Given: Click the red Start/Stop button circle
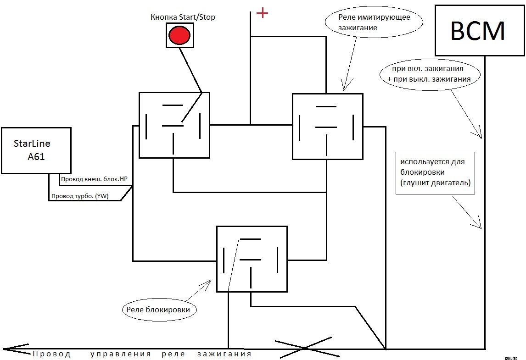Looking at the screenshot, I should click(x=179, y=35).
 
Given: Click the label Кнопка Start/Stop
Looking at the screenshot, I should click(x=183, y=17).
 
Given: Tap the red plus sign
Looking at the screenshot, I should click(x=262, y=13).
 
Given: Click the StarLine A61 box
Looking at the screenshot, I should click(x=36, y=150).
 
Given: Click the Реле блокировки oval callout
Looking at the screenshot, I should click(x=159, y=310).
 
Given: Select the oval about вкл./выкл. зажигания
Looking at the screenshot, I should click(x=430, y=74).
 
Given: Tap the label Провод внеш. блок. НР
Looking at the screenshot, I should click(x=94, y=179).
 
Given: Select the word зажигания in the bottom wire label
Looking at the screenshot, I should click(x=224, y=354).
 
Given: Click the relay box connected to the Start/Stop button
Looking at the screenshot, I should click(x=174, y=125).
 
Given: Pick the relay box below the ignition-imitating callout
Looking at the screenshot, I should click(x=327, y=126).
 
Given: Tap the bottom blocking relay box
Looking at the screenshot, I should click(x=252, y=259).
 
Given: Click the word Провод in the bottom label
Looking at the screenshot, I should click(x=52, y=354).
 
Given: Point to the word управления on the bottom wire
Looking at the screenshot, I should click(x=121, y=354).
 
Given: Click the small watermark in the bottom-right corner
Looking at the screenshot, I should click(x=511, y=357).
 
